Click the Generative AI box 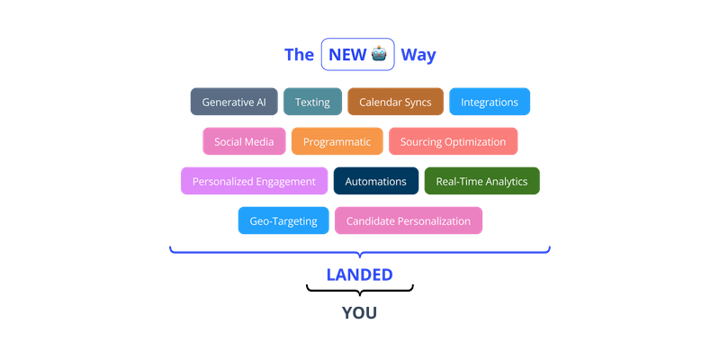(234, 102)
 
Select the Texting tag (312, 102)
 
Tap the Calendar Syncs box (395, 102)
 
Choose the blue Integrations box (490, 102)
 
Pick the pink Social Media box (244, 141)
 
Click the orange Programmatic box (337, 141)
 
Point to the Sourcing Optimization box (453, 141)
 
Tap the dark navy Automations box (375, 181)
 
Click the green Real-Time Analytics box (481, 181)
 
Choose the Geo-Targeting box (283, 220)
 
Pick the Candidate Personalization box (408, 220)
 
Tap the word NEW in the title (346, 55)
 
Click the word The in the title (299, 55)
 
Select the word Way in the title (419, 55)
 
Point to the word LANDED (359, 273)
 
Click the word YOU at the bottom (359, 312)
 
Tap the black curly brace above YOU (359, 290)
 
